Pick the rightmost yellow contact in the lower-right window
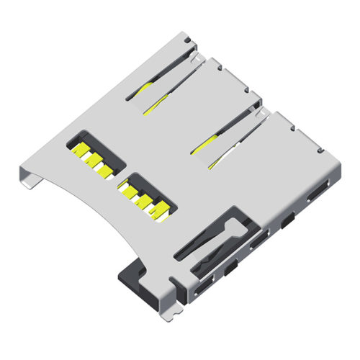pyautogui.click(x=159, y=210)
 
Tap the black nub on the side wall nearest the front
pyautogui.click(x=230, y=269)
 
